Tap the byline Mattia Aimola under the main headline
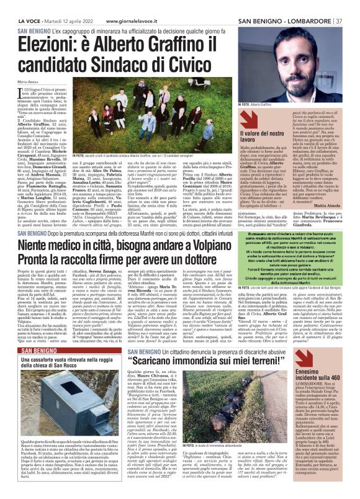(x=28, y=81)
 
